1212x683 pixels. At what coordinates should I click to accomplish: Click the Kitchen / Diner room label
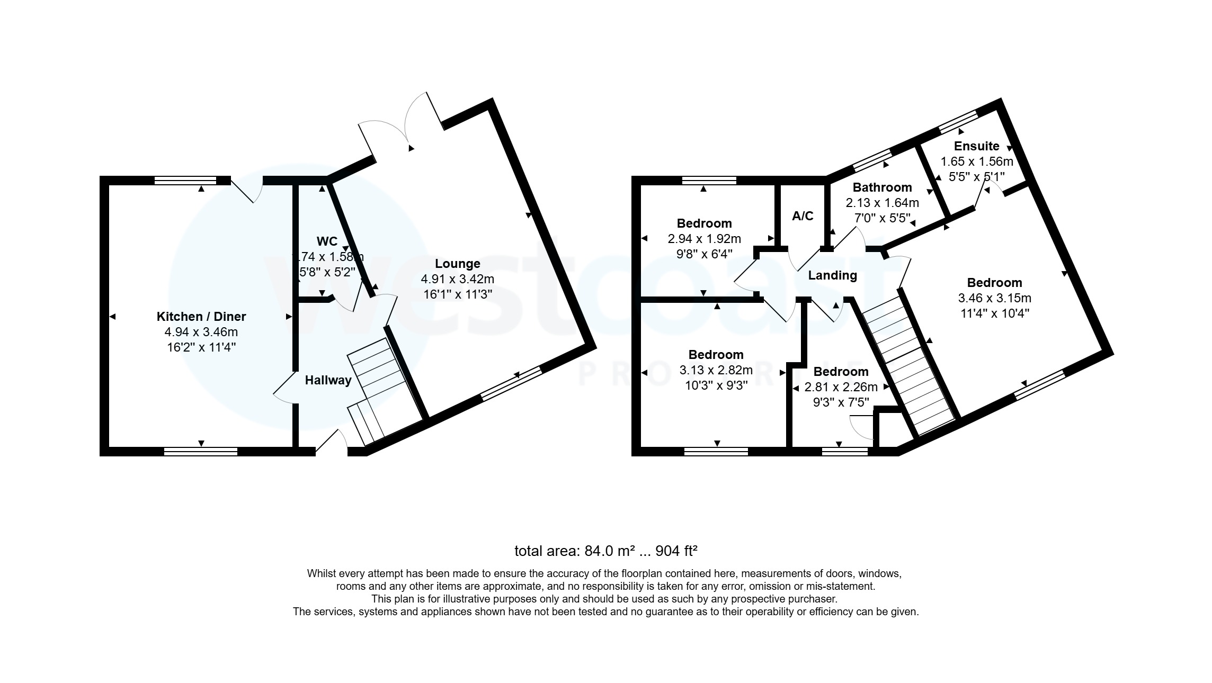[x=201, y=317]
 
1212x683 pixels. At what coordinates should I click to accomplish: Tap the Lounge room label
[x=458, y=264]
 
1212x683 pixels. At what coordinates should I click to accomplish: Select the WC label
[x=327, y=241]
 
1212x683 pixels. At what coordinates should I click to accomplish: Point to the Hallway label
[x=328, y=380]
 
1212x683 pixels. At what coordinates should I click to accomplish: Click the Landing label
[x=832, y=275]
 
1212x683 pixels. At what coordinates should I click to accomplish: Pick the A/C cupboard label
[x=803, y=216]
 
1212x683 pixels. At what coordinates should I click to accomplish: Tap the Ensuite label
[x=976, y=146]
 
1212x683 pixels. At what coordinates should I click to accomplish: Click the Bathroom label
[x=882, y=187]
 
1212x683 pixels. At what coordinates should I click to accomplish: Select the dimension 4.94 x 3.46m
[x=201, y=332]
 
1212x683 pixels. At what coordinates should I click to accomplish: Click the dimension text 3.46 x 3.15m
[x=994, y=298]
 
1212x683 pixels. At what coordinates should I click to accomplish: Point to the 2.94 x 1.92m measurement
[x=705, y=239]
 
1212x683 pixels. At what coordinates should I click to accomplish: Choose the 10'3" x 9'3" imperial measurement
[x=716, y=385]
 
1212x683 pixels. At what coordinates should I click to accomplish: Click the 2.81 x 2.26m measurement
[x=841, y=388]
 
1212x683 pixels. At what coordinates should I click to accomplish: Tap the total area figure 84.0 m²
[x=609, y=551]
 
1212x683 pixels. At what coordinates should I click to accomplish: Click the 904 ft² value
[x=676, y=551]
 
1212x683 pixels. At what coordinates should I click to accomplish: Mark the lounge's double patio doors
[x=400, y=127]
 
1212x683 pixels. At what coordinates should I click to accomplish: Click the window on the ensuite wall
[x=958, y=121]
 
